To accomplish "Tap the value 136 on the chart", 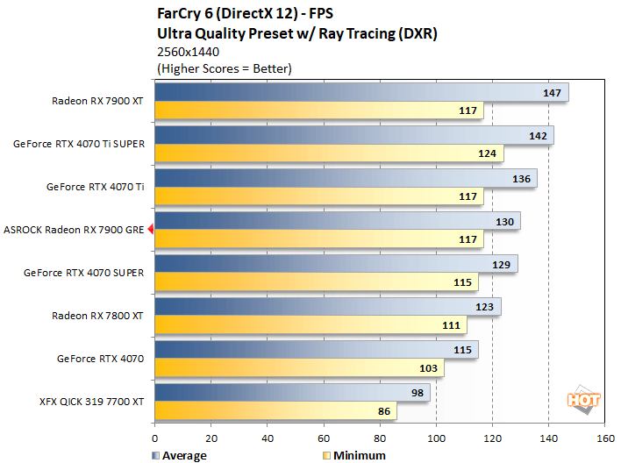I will [522, 178].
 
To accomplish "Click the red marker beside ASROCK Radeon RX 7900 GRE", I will [151, 230].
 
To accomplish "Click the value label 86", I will [382, 410].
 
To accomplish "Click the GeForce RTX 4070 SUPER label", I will [84, 273].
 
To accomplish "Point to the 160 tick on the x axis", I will [604, 438].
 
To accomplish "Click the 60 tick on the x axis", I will [324, 438].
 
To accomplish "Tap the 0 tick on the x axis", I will [155, 438].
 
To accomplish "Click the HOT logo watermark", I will [585, 399].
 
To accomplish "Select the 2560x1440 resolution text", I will [188, 52].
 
